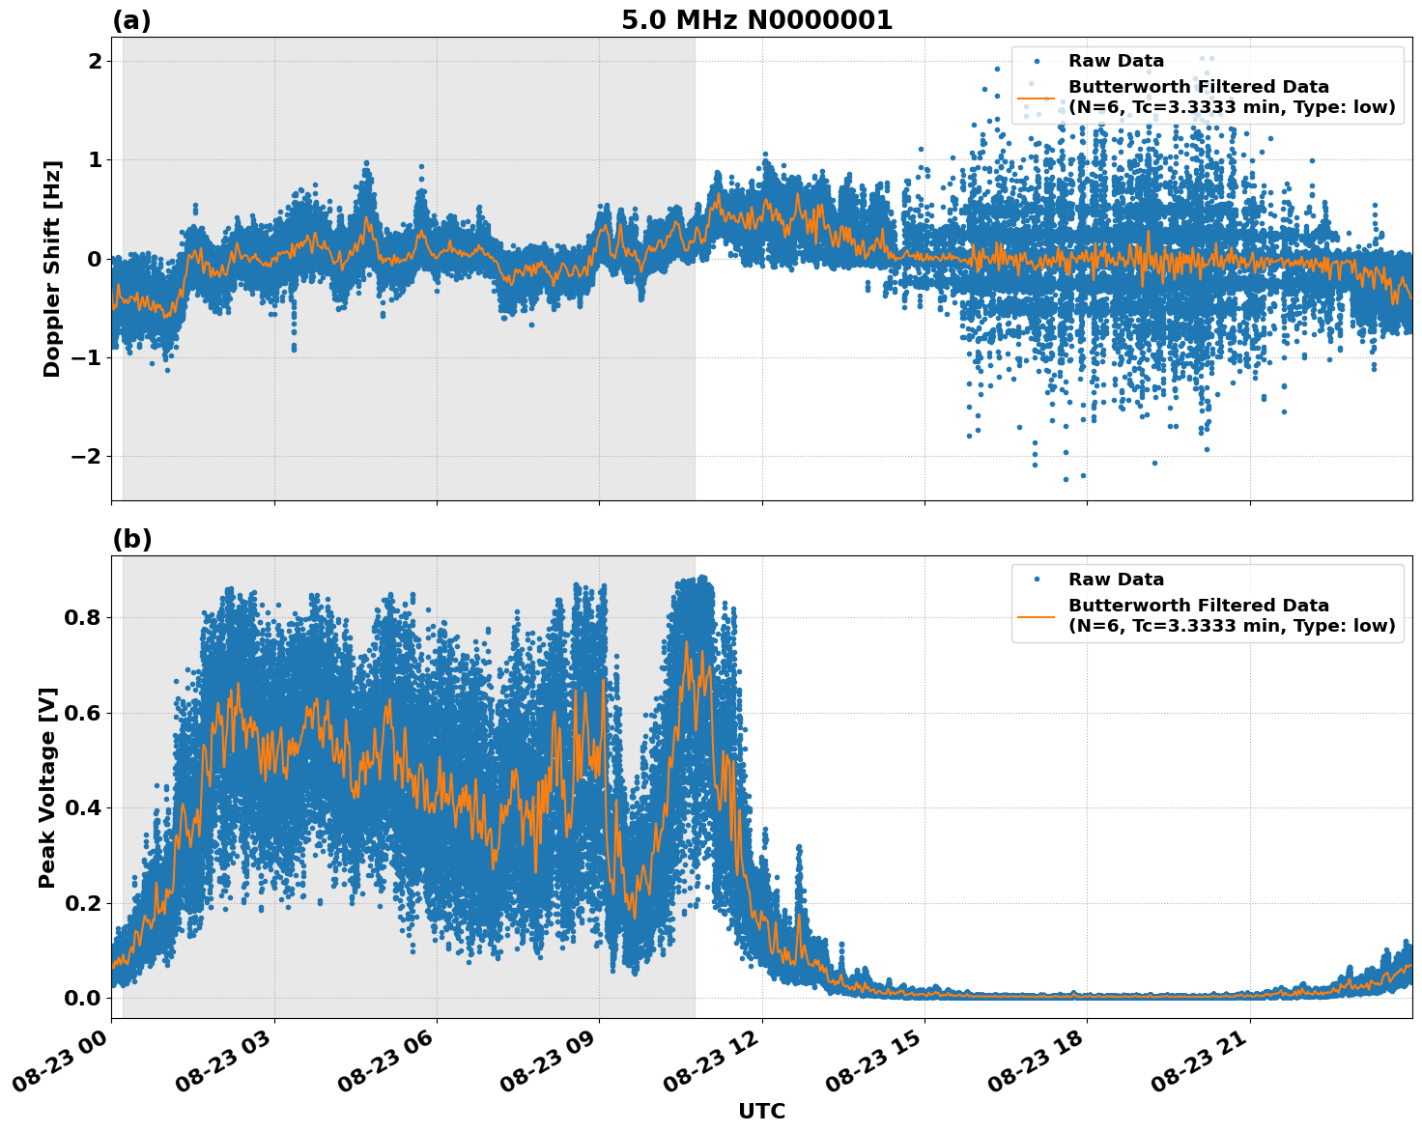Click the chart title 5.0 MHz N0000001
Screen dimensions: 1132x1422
[x=756, y=20]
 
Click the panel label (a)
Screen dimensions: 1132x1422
[x=131, y=20]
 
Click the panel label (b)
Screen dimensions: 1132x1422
[x=131, y=539]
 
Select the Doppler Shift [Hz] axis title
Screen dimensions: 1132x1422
[x=52, y=269]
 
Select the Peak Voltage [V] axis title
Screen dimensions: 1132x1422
[x=48, y=787]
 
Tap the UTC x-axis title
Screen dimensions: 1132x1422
[x=761, y=1111]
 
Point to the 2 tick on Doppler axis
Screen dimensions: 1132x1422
[x=95, y=61]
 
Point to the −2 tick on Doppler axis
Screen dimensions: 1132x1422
[x=88, y=456]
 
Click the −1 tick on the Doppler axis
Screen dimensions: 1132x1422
[x=88, y=357]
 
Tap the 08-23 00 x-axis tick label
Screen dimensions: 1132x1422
[x=63, y=1065]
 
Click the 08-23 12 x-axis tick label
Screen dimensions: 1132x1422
[x=714, y=1065]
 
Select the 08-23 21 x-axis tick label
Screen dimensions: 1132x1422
[x=1202, y=1065]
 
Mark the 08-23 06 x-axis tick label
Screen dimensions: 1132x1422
[x=388, y=1065]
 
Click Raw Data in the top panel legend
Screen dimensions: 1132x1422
[x=1116, y=61]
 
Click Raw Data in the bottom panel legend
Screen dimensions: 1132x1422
[x=1116, y=580]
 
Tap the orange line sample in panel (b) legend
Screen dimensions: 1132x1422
[x=1036, y=616]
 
